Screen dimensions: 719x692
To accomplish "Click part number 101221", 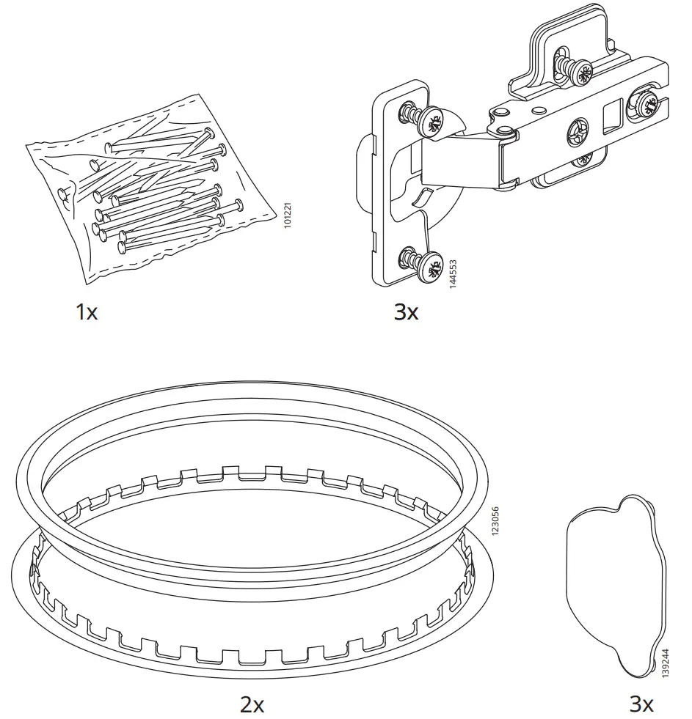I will tap(288, 213).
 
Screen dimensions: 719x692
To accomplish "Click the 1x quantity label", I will tap(86, 313).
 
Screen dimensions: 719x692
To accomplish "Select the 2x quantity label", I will tap(252, 705).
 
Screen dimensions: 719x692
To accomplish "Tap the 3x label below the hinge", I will tap(406, 313).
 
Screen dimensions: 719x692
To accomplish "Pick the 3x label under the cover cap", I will tap(641, 705).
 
